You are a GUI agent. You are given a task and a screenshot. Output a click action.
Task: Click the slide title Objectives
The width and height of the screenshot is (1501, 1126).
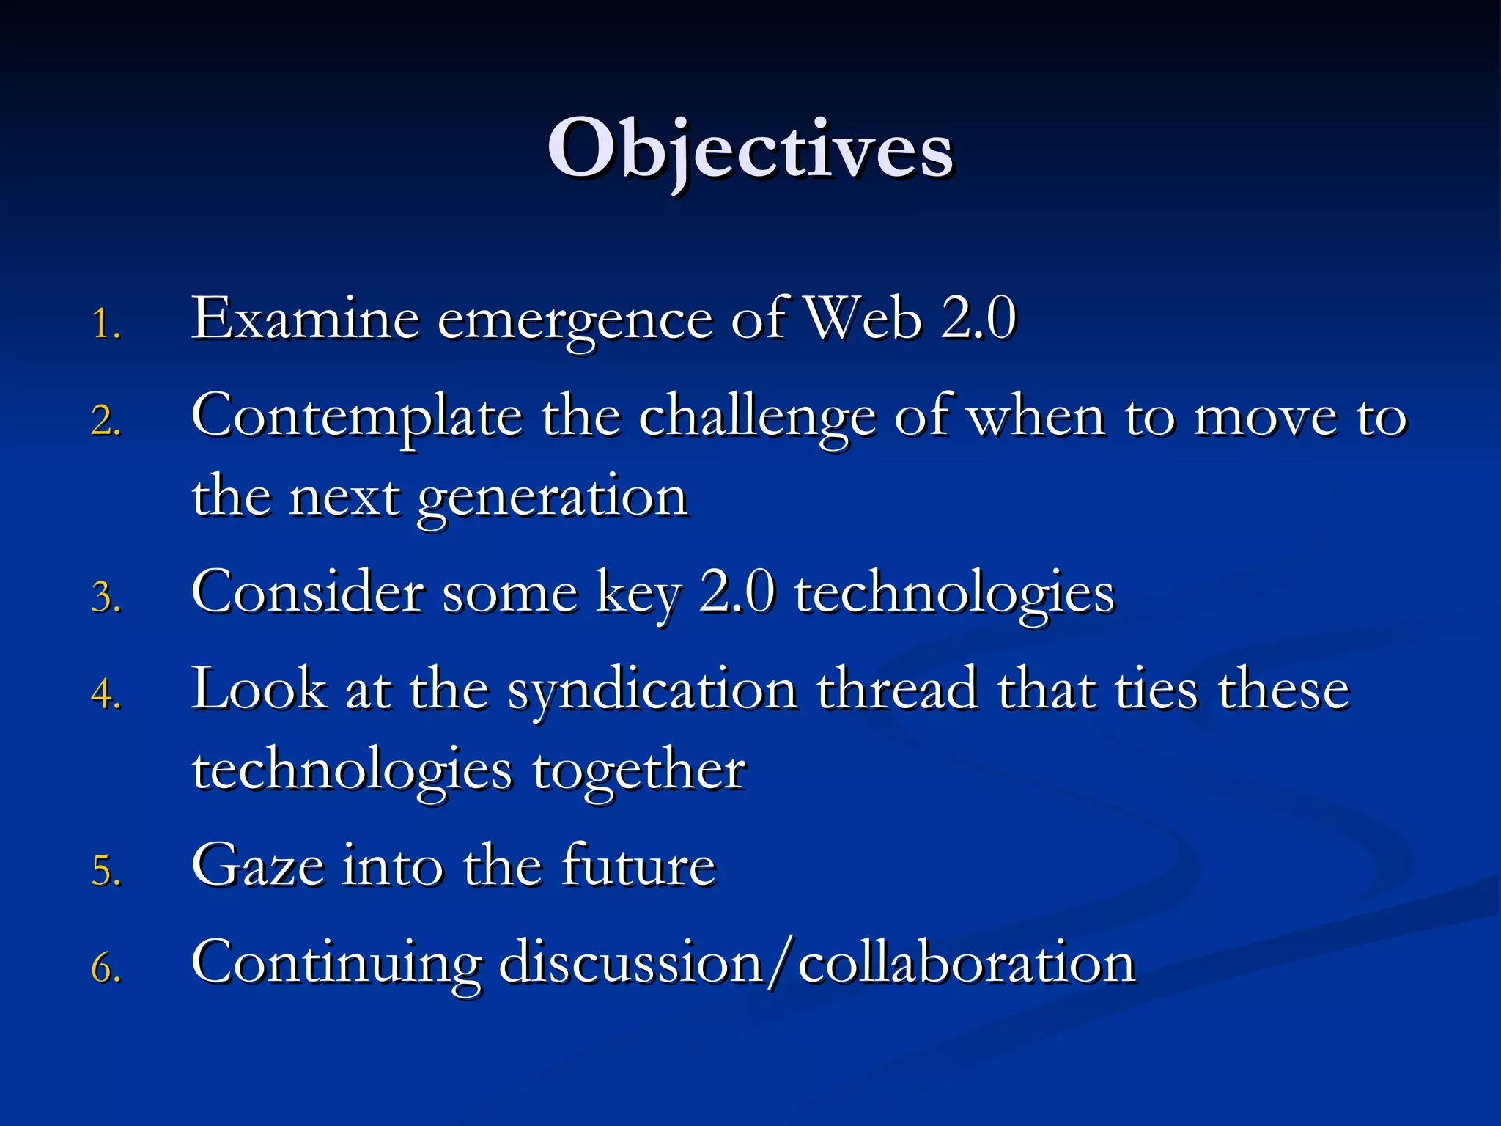(750, 150)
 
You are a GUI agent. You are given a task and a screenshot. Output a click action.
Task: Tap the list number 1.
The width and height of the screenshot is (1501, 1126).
(106, 324)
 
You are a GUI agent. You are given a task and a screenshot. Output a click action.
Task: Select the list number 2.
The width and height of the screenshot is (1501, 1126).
(106, 422)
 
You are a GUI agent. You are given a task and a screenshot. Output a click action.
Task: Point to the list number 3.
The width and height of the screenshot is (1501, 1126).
(106, 597)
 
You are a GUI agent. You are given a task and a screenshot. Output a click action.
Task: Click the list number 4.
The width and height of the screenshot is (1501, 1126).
(106, 694)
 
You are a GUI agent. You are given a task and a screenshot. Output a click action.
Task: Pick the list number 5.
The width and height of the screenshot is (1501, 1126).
(106, 870)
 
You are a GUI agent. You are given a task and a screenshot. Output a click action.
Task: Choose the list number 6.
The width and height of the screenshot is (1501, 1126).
(106, 968)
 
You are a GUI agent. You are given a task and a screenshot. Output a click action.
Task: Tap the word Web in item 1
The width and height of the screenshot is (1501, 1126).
(863, 320)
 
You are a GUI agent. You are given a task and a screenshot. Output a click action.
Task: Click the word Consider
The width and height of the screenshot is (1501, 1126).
(307, 592)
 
